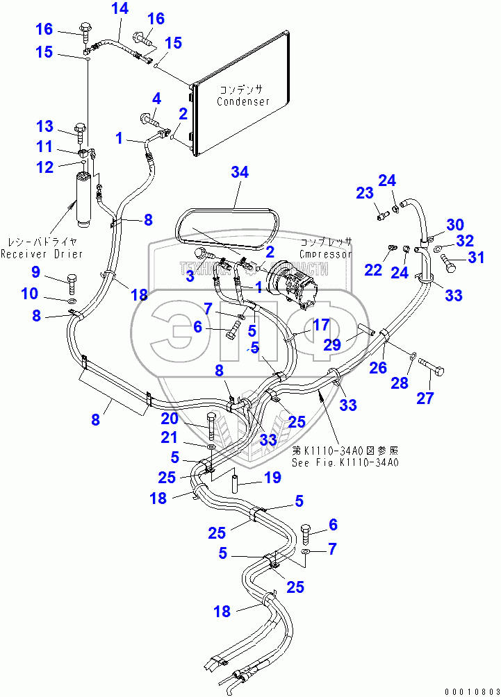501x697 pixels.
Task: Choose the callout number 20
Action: tap(170, 418)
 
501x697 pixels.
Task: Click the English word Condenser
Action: tap(243, 101)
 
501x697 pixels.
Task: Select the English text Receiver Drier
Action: tap(42, 254)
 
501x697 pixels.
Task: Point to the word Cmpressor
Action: tap(326, 253)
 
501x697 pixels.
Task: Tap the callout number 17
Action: tap(320, 324)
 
